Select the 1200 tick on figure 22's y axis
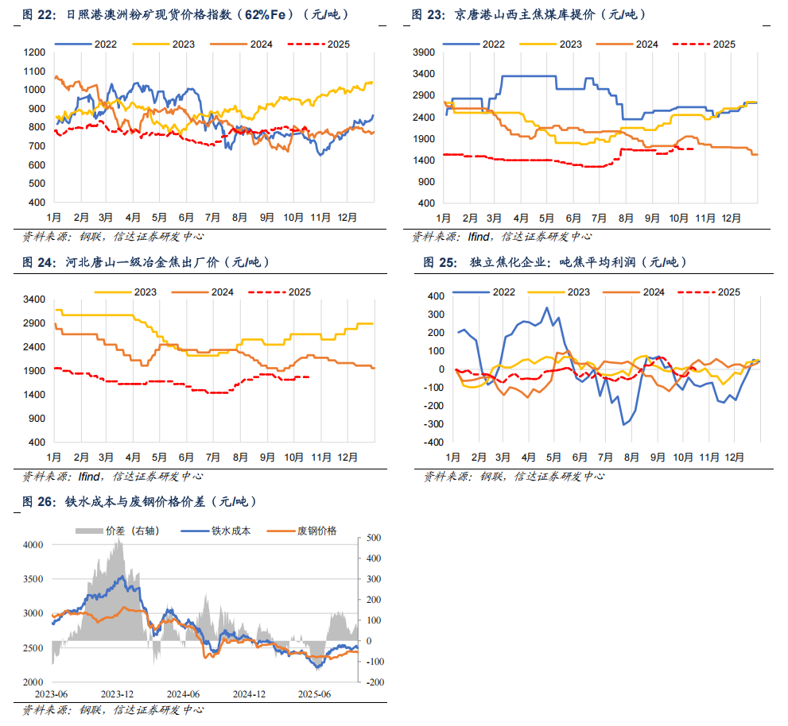(34, 52)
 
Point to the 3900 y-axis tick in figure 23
(424, 52)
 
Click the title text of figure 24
(167, 262)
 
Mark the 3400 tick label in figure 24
(34, 300)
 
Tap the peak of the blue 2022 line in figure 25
(546, 307)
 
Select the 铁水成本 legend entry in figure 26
(231, 531)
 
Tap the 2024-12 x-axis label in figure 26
(249, 693)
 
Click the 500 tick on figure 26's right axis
(375, 539)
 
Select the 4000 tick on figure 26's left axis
(34, 546)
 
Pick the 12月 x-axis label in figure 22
(347, 217)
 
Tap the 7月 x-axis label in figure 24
(213, 458)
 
